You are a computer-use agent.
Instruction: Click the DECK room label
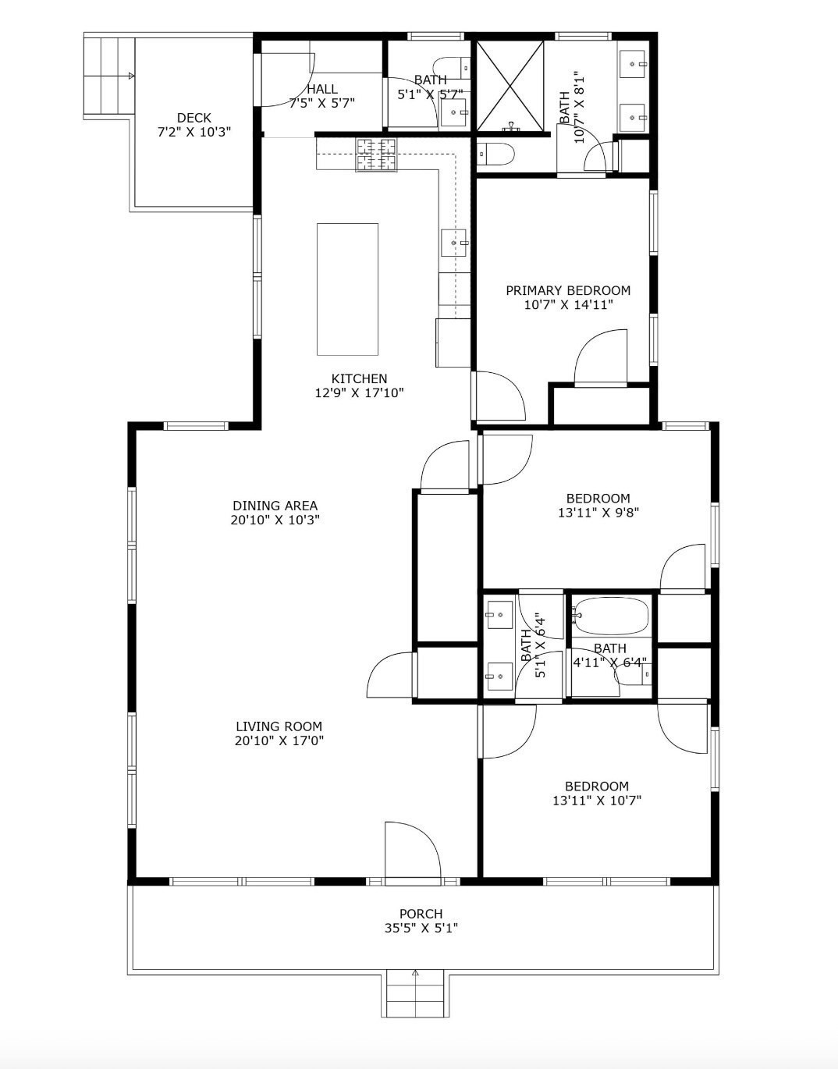point(194,118)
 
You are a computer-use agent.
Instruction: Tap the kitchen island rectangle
point(347,289)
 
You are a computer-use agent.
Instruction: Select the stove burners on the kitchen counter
point(377,154)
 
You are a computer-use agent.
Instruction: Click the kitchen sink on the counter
point(454,243)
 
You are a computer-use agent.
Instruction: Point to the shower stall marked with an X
point(510,85)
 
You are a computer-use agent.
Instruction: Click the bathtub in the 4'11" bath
point(611,616)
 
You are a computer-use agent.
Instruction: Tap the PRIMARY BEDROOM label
point(568,290)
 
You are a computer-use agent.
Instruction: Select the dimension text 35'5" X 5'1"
point(421,928)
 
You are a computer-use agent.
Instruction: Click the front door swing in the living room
point(412,852)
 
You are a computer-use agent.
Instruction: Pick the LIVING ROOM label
point(279,726)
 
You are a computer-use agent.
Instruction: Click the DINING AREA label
point(275,506)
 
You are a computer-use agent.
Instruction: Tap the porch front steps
point(415,995)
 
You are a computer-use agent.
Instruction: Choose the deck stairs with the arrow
point(109,76)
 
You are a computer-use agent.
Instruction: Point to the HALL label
point(321,89)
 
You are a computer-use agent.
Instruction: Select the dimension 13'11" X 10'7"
point(597,800)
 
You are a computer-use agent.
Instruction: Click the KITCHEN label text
point(359,378)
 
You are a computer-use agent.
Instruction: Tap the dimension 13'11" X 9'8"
point(598,513)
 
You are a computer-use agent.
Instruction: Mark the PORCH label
point(421,914)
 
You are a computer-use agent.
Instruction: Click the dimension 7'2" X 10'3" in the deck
point(194,133)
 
